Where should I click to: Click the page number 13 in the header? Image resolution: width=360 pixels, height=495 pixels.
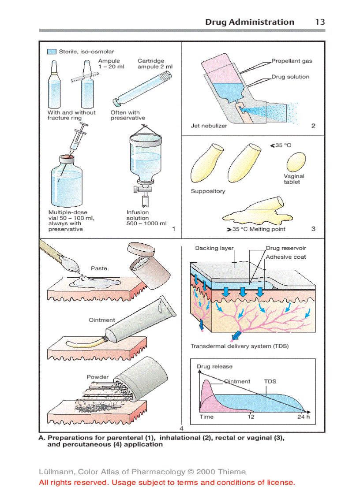point(320,22)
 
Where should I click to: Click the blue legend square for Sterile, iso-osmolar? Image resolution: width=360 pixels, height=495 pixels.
point(52,52)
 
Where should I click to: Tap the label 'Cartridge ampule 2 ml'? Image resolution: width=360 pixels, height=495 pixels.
point(154,64)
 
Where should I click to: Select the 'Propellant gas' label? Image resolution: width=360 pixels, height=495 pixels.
point(292,61)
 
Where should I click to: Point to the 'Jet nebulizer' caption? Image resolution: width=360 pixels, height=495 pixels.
point(209,126)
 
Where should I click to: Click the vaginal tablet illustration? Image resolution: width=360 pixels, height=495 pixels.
point(296,162)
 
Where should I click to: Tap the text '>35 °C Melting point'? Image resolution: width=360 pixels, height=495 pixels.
point(256,229)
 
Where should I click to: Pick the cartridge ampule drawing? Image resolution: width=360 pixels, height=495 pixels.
point(140,90)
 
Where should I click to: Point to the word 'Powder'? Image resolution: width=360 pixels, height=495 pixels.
point(97,377)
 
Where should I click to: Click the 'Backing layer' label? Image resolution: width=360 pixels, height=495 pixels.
point(214,248)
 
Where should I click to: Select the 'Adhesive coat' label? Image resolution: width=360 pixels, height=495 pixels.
point(286,257)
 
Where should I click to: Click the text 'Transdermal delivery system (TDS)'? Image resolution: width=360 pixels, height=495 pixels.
point(240,346)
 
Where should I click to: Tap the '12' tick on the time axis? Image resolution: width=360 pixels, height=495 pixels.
point(251,417)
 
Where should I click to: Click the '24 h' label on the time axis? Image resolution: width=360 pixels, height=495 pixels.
point(303,417)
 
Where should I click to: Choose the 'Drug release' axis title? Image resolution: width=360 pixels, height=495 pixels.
point(214,366)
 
